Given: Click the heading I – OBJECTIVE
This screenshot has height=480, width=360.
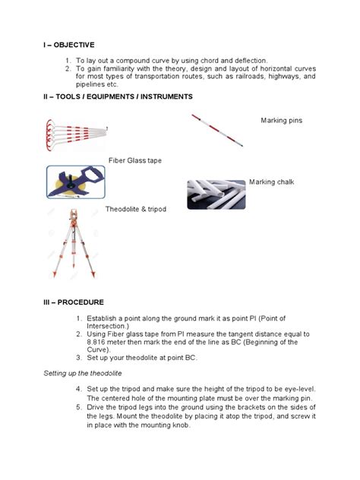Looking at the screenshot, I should click(71, 45).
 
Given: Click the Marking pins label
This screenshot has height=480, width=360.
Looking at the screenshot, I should click(282, 122).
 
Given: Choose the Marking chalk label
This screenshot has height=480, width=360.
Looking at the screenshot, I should click(272, 182).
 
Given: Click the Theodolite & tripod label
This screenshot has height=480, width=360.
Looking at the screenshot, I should click(136, 208).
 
